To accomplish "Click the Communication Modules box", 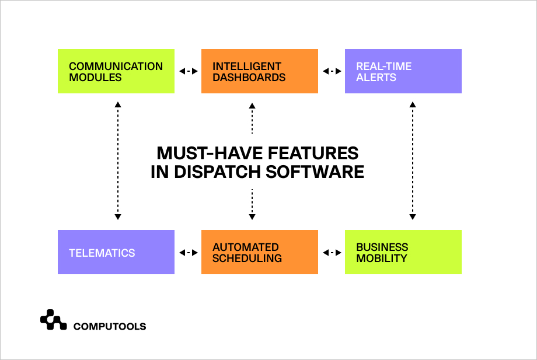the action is click(116, 71).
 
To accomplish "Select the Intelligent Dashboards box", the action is click(260, 71).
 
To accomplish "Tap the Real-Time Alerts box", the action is click(403, 71).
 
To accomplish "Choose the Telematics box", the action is click(116, 252).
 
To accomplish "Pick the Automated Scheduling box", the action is click(260, 252).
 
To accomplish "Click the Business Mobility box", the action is click(403, 252).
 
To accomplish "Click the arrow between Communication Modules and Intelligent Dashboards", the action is click(189, 71).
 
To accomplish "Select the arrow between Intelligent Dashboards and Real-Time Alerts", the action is click(332, 71).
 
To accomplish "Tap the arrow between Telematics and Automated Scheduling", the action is click(189, 253).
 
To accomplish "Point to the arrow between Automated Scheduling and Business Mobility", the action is click(332, 253).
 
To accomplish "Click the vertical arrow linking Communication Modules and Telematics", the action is click(118, 160).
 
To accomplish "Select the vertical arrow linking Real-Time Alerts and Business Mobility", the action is click(413, 160).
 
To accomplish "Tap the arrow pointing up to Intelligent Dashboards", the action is click(252, 118).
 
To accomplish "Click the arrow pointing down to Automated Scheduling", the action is click(252, 204).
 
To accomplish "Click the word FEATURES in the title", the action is click(313, 153).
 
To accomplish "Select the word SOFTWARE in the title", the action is click(315, 172).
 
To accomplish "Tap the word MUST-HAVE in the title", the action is click(210, 153).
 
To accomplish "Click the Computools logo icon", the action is click(54, 320).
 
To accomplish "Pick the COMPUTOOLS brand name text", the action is click(110, 327).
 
